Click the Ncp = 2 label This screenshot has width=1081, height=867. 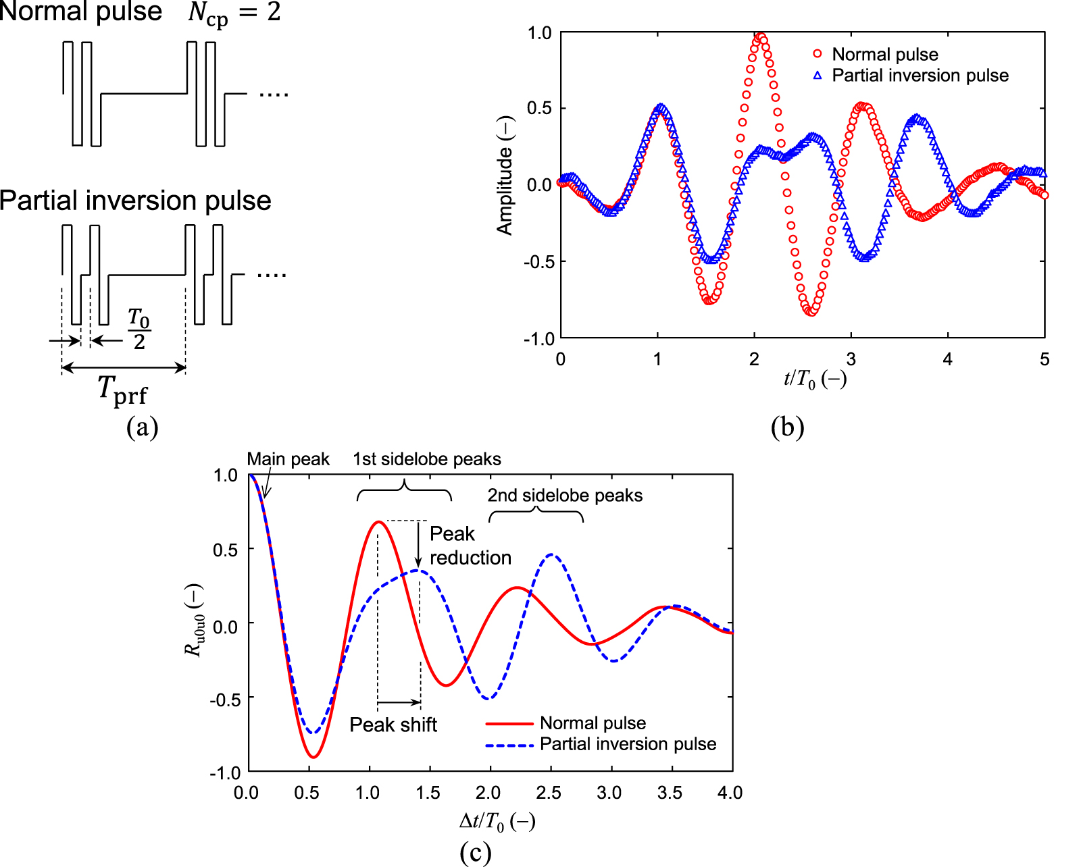pos(234,14)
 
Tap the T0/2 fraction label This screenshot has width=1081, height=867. pos(139,330)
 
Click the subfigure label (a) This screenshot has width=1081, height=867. pos(143,427)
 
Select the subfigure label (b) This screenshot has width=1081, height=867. pos(787,427)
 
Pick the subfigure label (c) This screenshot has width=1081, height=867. pos(475,852)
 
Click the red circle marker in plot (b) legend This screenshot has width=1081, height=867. pos(818,54)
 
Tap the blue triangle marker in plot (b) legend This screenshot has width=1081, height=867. pos(818,76)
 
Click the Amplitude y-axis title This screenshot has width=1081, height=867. pos(505,176)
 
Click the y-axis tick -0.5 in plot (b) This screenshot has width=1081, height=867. pos(538,262)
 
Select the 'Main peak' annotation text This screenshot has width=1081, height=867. pos(288,459)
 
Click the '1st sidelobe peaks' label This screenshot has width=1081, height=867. pos(427,459)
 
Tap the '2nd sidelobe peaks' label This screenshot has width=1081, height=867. pos(565,496)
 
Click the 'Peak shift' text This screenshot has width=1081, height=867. pos(393,725)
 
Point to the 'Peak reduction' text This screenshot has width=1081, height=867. pos(470,546)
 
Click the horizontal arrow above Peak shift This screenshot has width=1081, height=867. pos(399,702)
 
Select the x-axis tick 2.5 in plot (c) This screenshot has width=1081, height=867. pos(549,793)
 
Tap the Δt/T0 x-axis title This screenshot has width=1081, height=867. pos(497,822)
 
